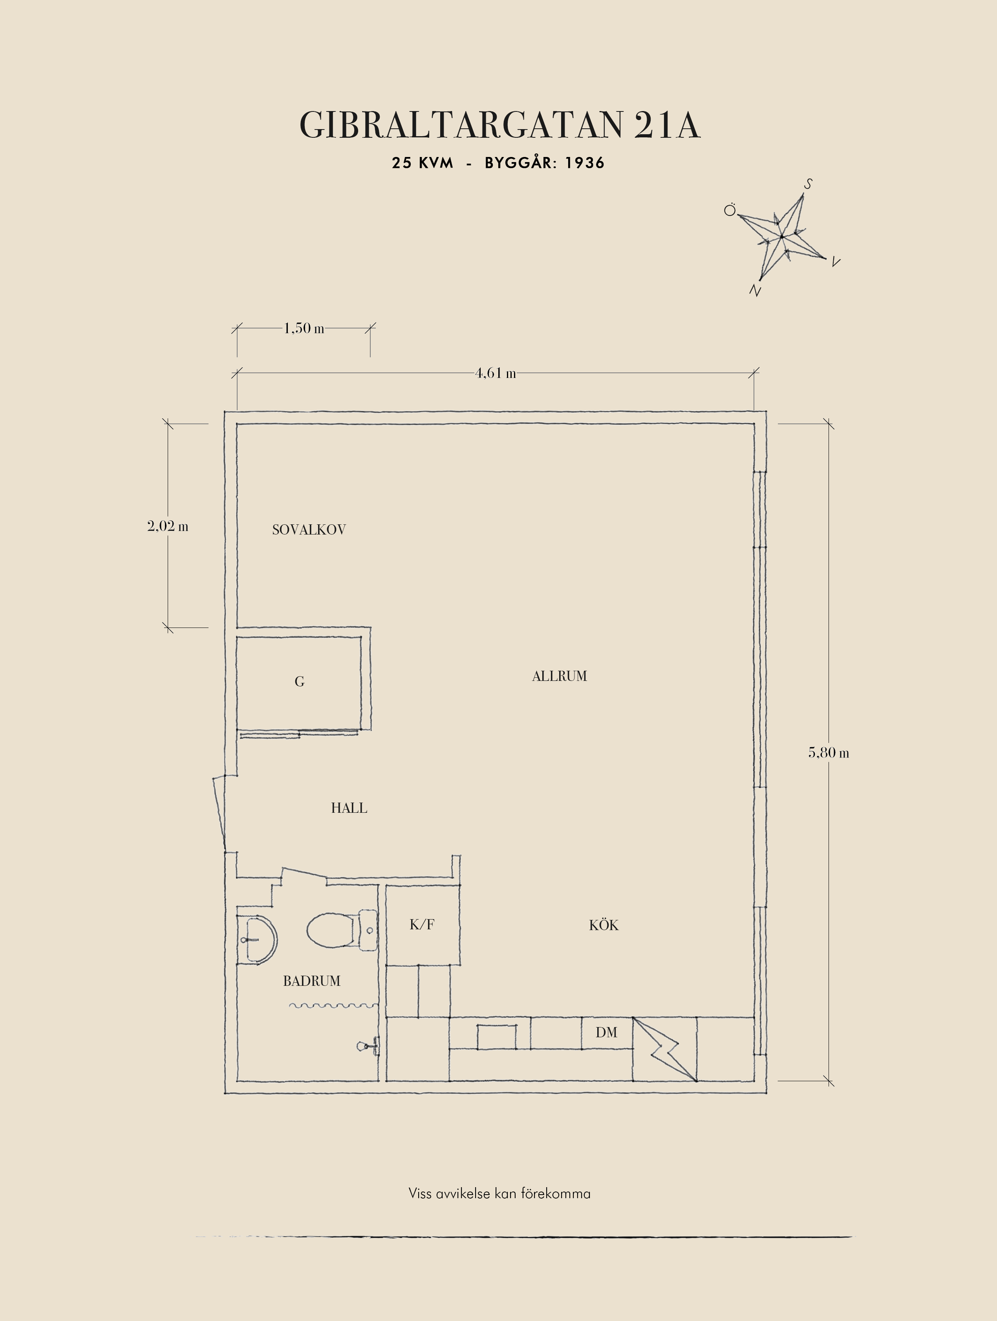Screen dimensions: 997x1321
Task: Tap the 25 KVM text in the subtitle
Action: click(x=423, y=163)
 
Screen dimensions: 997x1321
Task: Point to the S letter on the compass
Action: click(x=808, y=184)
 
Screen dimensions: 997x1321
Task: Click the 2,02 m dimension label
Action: click(x=167, y=526)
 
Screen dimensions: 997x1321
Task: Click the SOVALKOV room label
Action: click(x=309, y=530)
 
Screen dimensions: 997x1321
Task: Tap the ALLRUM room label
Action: click(x=559, y=676)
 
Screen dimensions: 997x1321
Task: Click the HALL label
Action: click(x=349, y=808)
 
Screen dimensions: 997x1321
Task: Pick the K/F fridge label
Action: click(x=422, y=925)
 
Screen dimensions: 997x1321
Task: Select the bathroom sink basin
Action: click(x=258, y=940)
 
